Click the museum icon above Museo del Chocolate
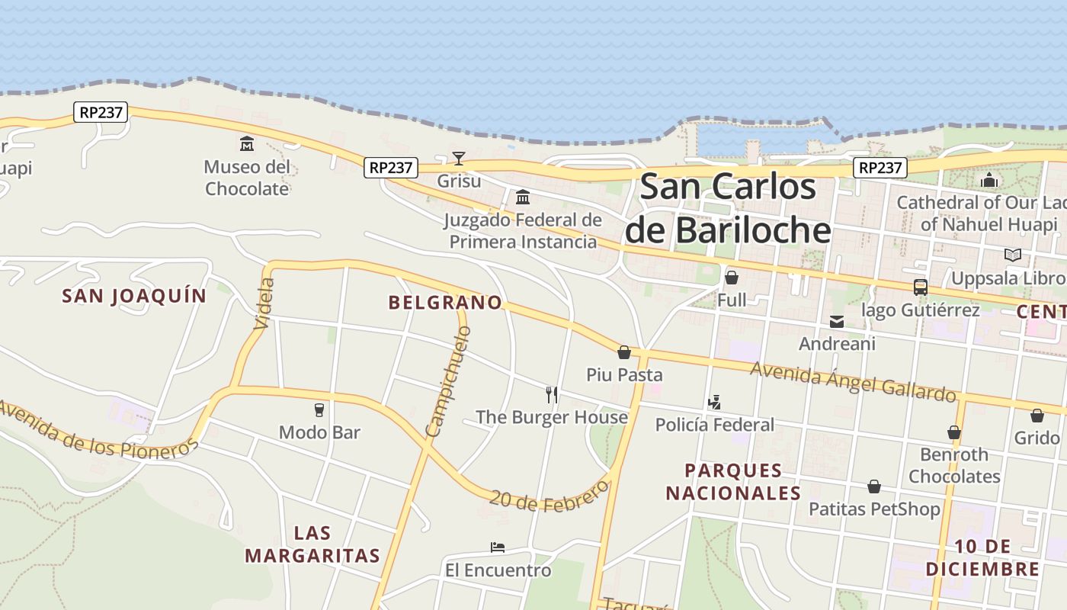pos(247,143)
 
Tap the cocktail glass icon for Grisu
pos(458,159)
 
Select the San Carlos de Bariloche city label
pos(727,208)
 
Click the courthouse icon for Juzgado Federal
pos(523,197)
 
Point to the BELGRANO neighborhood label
pos(446,303)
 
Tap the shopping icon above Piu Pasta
pos(624,352)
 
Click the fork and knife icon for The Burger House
pos(552,394)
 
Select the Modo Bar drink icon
pos(319,410)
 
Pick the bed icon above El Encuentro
pos(498,547)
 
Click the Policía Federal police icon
pos(714,402)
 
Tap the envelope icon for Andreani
pos(837,322)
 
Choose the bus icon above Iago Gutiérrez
pos(920,287)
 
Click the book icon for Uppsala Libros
pos(1012,255)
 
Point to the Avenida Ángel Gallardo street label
pos(853,380)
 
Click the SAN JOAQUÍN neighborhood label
pos(134,296)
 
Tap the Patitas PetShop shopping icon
pos(874,486)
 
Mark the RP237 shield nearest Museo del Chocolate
pos(101,112)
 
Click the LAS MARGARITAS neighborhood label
pos(312,544)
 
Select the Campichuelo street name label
pos(448,382)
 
